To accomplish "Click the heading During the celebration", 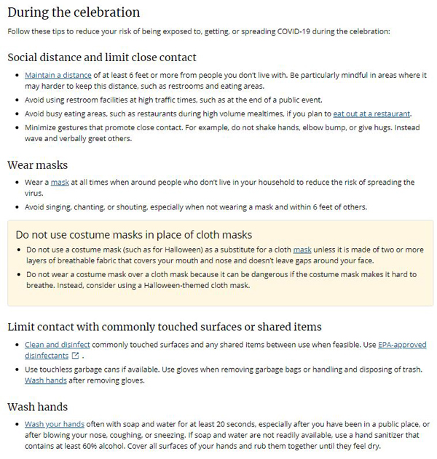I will click(73, 12).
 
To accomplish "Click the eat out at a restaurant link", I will click(371, 113).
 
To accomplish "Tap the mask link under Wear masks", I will click(59, 182).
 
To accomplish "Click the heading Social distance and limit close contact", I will click(101, 57).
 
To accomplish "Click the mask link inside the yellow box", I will click(302, 250).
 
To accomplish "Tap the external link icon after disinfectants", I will click(75, 356).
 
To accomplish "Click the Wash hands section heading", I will click(37, 407).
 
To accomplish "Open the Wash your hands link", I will click(55, 424).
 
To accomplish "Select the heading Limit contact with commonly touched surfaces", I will click(164, 327).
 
